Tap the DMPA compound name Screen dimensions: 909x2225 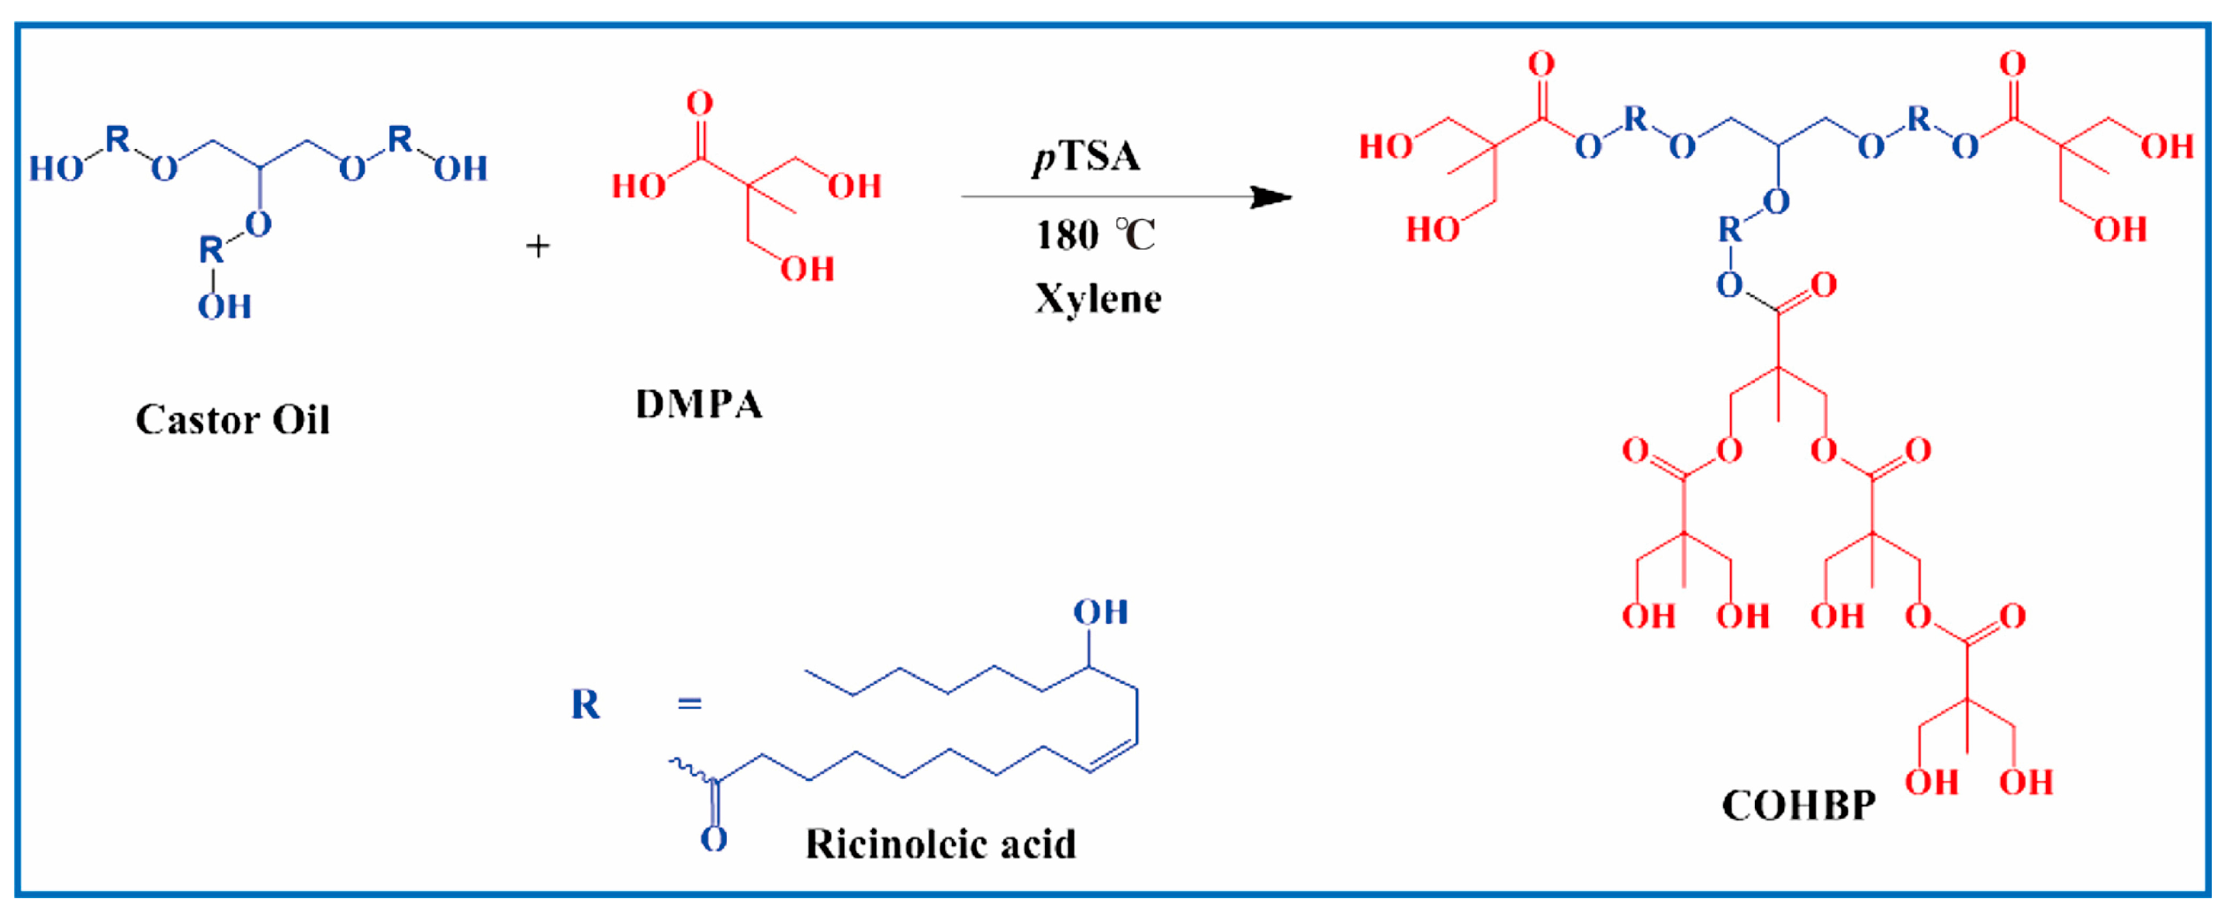coord(699,404)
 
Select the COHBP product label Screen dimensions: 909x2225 coord(1798,805)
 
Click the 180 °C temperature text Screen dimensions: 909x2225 coord(1095,235)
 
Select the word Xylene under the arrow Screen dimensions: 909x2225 coord(1098,299)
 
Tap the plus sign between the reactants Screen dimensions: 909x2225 coord(538,247)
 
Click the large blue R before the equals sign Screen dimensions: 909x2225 coord(585,705)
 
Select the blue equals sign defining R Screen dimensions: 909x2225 coord(689,705)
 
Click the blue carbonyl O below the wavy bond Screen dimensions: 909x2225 coord(714,839)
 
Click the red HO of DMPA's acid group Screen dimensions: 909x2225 coord(638,186)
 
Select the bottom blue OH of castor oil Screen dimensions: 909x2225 coord(224,307)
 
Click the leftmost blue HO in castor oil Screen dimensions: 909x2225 coord(56,168)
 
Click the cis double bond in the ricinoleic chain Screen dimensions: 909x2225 coord(1112,755)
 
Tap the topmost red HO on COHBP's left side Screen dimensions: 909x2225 coord(1386,147)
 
